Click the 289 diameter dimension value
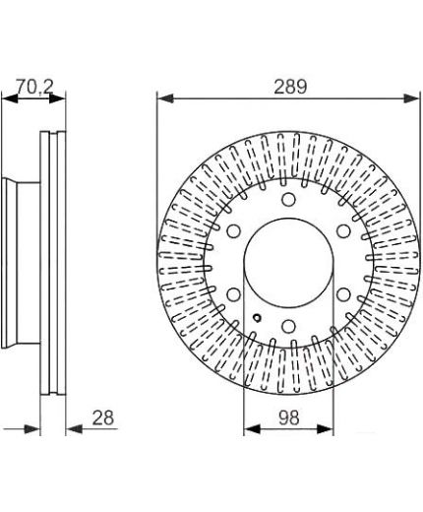click(290, 87)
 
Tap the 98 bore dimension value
click(289, 418)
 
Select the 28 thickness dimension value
click(103, 418)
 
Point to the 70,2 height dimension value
click(34, 87)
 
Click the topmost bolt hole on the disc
click(288, 199)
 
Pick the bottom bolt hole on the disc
click(288, 326)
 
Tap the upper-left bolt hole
click(233, 231)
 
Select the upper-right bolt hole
click(343, 231)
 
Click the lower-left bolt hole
click(233, 294)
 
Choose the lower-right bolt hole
click(343, 294)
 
